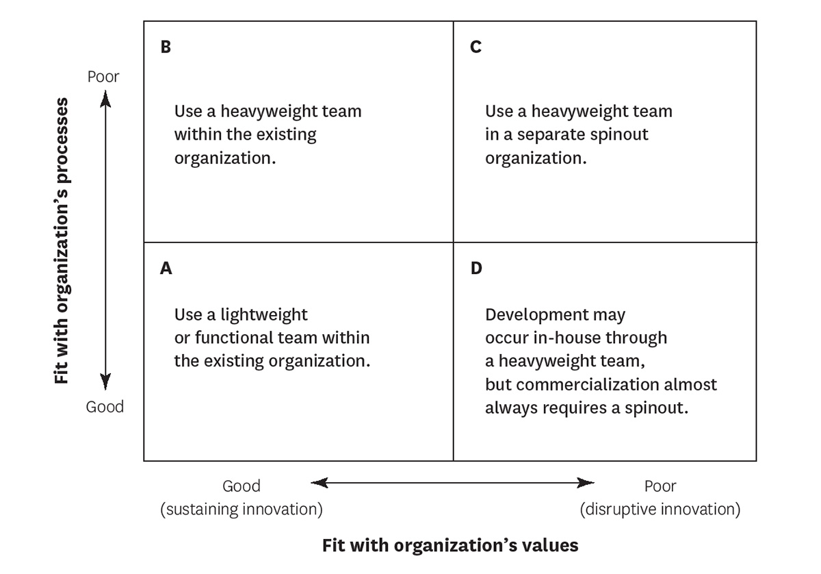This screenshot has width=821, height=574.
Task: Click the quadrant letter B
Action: (x=166, y=47)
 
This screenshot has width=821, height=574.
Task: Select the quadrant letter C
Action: (x=475, y=47)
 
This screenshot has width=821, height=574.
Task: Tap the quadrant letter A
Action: (x=166, y=269)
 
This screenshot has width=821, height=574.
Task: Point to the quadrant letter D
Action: (x=476, y=269)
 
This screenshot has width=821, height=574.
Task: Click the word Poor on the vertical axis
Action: (x=103, y=76)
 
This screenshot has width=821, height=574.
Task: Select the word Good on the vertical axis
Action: (x=105, y=407)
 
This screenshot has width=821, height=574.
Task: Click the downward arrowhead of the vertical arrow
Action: (x=105, y=382)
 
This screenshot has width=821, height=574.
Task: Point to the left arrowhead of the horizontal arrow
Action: (x=320, y=483)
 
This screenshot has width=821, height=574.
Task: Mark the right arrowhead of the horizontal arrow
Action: (x=586, y=483)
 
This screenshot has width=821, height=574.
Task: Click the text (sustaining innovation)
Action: (x=242, y=510)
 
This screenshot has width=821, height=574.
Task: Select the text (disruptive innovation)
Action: (x=660, y=510)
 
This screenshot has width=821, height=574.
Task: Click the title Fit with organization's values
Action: (x=450, y=545)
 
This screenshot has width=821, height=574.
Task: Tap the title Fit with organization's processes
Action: (x=62, y=240)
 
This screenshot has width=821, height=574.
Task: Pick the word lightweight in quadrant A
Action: (x=264, y=315)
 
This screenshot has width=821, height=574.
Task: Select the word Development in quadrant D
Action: (x=537, y=315)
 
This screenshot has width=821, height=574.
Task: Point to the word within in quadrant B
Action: (x=198, y=134)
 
